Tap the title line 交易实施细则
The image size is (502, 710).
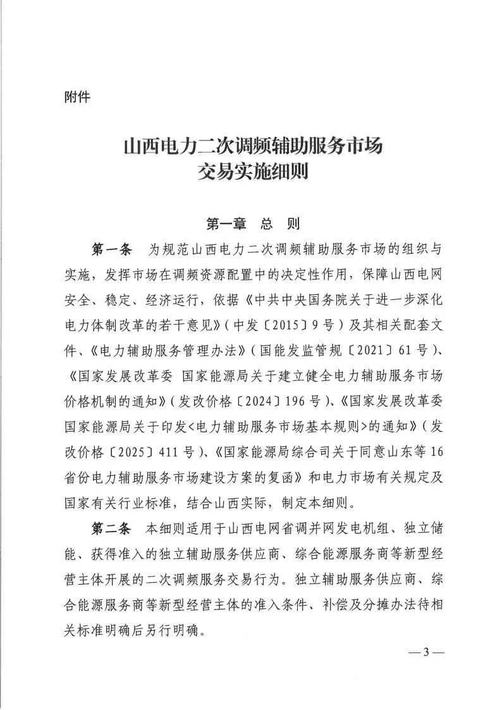pos(251,171)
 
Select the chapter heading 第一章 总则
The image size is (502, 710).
pos(252,223)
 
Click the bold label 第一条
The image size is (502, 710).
pos(111,249)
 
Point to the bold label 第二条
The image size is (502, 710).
pos(111,527)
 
